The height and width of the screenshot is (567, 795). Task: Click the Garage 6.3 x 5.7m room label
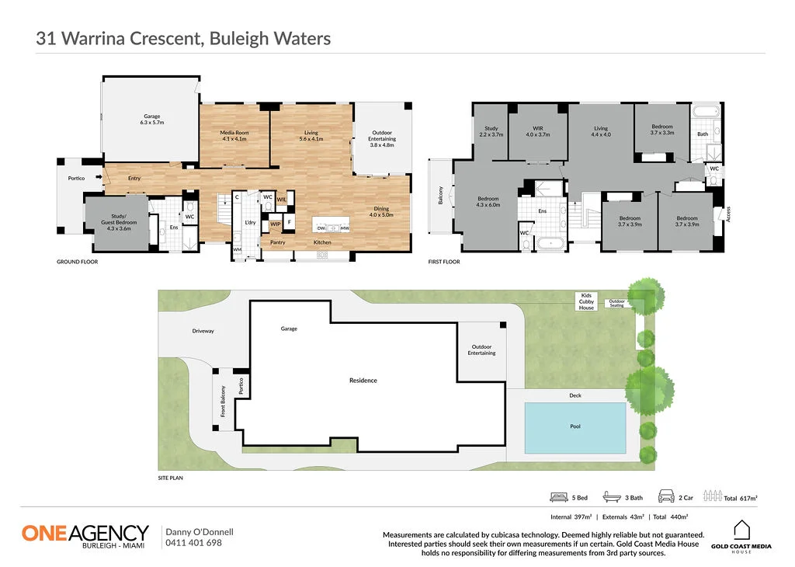click(151, 120)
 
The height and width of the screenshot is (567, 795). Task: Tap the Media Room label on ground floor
click(234, 136)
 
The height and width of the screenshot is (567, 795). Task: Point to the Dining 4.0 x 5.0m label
click(381, 211)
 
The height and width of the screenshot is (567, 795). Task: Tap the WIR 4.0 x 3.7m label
click(537, 131)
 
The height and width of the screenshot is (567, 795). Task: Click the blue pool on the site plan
click(575, 427)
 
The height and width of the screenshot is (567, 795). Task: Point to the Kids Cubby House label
click(586, 301)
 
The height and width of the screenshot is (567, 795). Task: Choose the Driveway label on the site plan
click(203, 331)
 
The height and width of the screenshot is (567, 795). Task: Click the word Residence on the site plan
click(363, 381)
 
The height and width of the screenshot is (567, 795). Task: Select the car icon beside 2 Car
click(665, 496)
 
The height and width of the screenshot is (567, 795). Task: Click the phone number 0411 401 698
click(193, 543)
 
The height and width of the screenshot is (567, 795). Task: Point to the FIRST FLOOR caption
click(444, 262)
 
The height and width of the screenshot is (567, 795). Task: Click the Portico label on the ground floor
click(76, 178)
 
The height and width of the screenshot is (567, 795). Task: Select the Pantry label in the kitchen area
click(278, 242)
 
